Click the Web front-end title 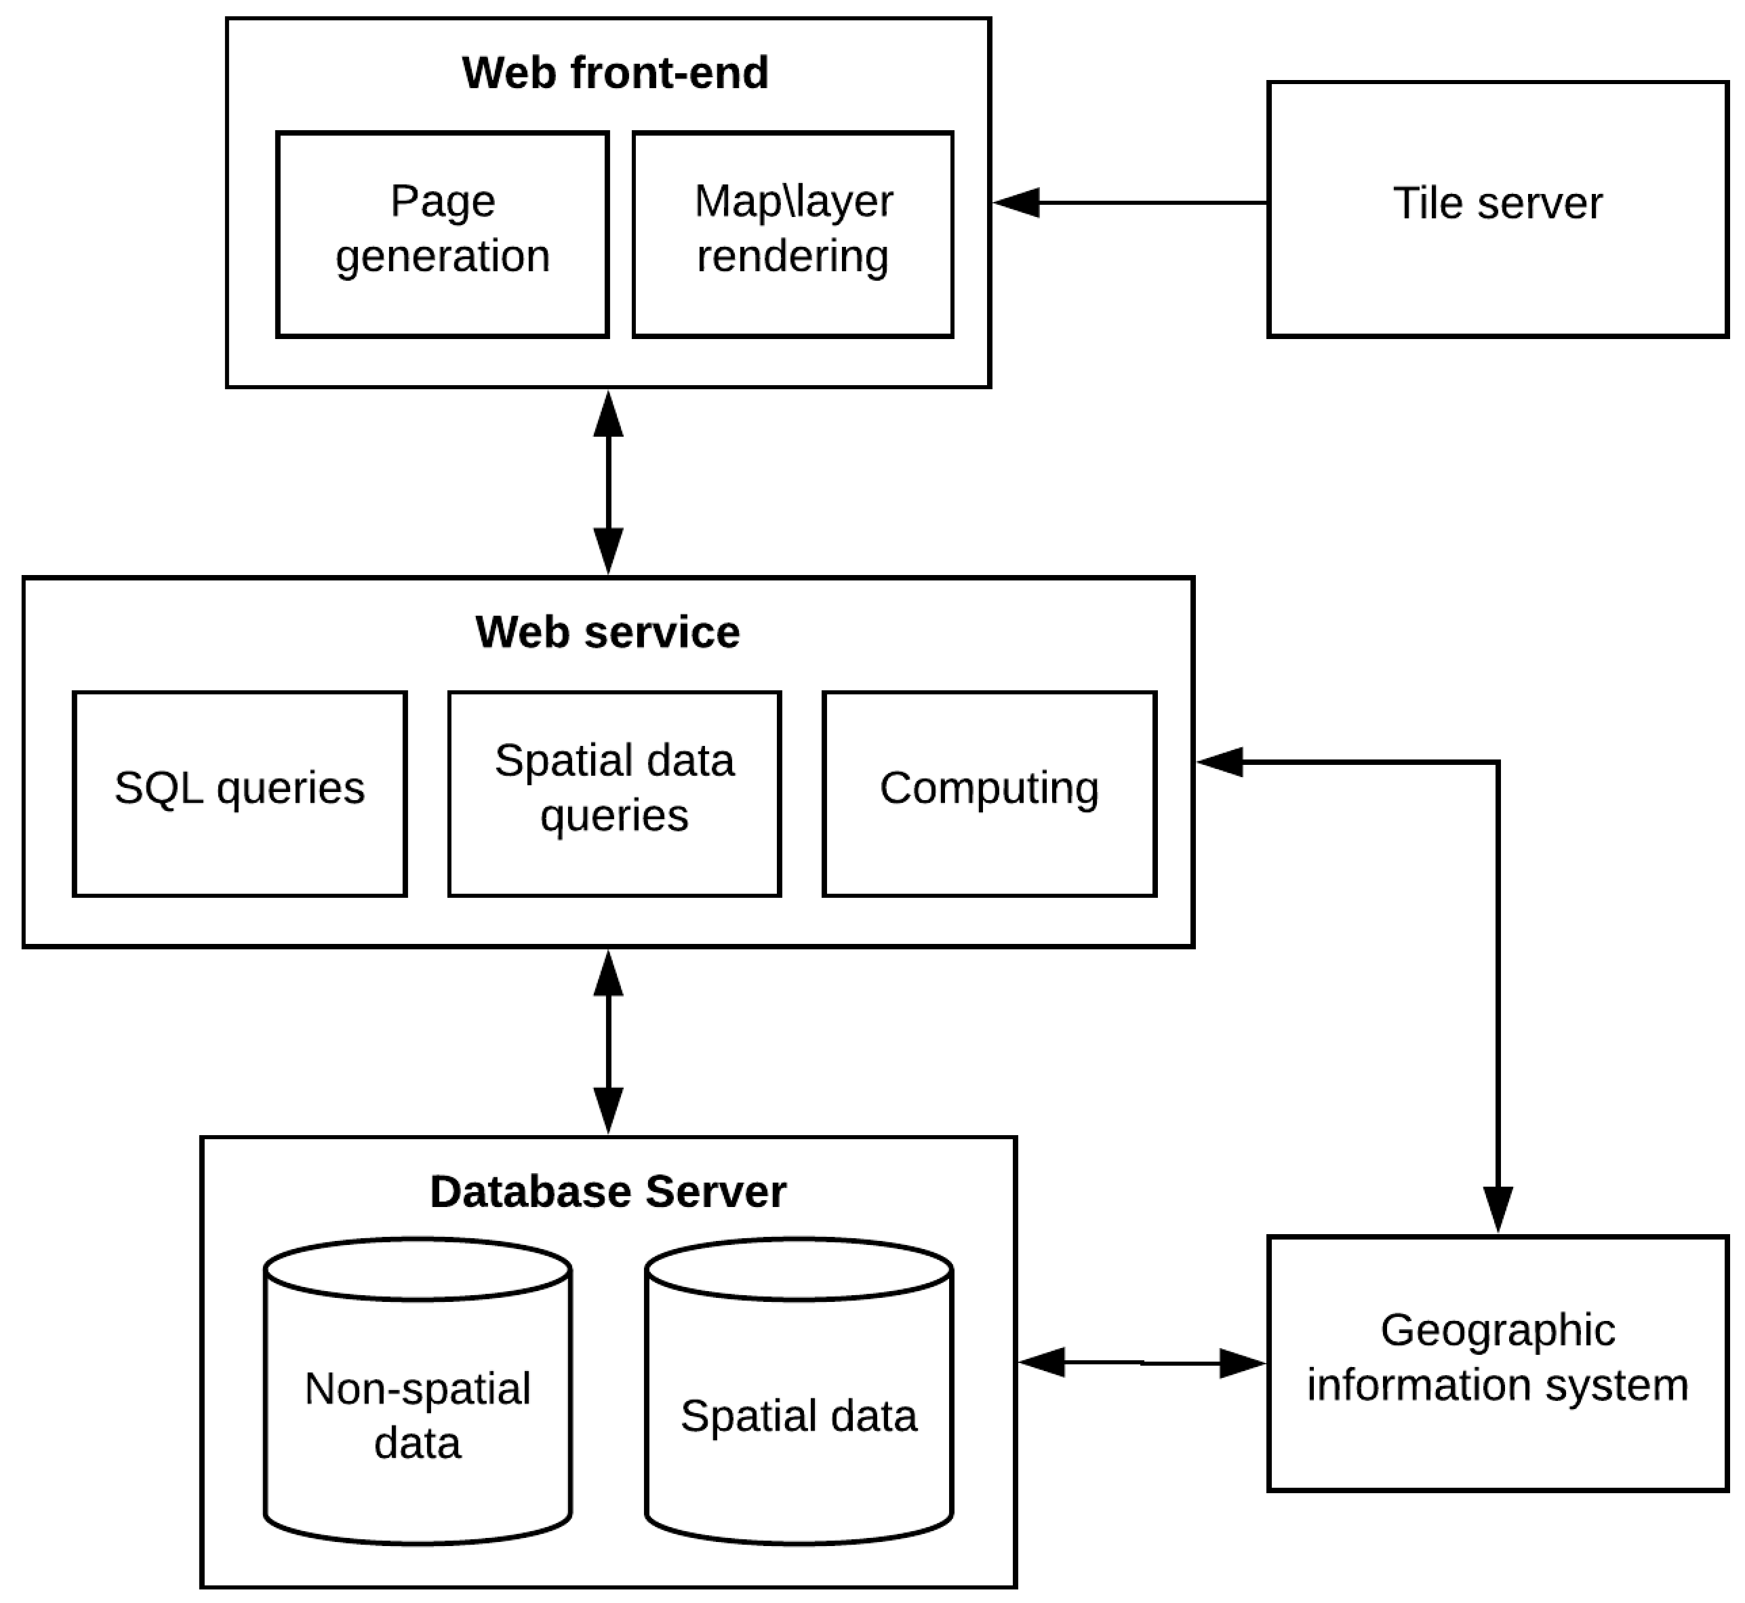pos(614,73)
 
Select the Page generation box pos(442,233)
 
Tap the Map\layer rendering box pos(792,233)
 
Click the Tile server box pos(1497,208)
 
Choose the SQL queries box pos(239,793)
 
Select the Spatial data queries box pos(614,793)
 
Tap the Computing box pos(988,793)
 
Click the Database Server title pos(607,1191)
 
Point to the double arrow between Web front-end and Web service pos(608,482)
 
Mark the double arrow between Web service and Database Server pos(608,1042)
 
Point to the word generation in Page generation pos(442,257)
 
